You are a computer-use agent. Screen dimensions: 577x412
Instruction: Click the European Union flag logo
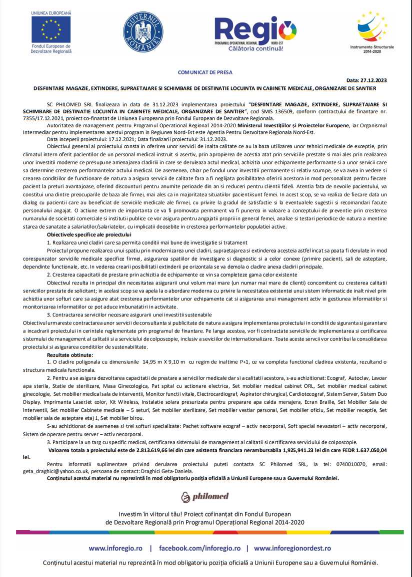pyautogui.click(x=51, y=29)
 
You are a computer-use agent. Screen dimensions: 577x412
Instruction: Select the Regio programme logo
pyautogui.click(x=255, y=33)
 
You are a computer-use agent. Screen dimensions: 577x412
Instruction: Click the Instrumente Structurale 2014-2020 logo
pyautogui.click(x=372, y=31)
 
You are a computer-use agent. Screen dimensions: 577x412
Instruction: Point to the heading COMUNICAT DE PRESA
pyautogui.click(x=205, y=72)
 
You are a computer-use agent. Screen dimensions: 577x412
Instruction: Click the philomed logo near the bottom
pyautogui.click(x=205, y=496)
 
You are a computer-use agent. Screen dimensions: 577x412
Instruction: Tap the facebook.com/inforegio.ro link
pyautogui.click(x=200, y=548)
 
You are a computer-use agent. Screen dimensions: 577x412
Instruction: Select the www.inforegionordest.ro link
pyautogui.click(x=292, y=548)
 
